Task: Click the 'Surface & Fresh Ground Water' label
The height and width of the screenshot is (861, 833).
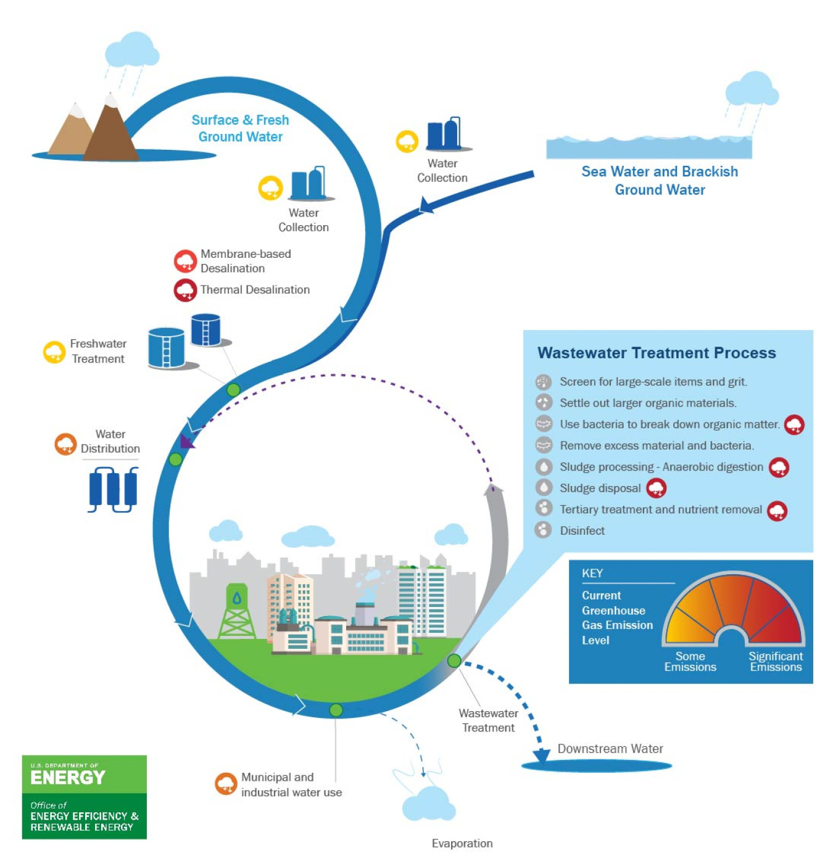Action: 240,128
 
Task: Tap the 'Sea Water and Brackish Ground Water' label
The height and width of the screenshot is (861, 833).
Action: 659,180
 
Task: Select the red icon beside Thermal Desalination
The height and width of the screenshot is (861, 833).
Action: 184,290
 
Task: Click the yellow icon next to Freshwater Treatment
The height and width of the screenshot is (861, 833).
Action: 54,352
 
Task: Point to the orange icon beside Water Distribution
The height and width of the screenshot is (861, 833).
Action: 65,443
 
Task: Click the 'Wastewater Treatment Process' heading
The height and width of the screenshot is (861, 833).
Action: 657,353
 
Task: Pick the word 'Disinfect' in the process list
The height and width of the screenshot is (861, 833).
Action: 582,530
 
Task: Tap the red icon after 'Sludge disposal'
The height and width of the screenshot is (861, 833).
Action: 656,488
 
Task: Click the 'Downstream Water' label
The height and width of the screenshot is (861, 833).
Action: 610,749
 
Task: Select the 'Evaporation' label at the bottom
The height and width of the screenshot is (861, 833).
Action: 462,843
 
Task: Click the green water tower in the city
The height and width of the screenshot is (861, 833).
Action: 236,611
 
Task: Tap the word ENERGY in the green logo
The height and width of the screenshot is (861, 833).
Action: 68,777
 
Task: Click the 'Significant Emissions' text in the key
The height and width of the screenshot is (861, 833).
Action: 776,661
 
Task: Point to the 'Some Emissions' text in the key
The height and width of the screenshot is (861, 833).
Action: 690,661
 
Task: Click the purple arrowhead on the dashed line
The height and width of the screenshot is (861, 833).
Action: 186,441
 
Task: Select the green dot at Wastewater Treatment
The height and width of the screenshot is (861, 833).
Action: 454,661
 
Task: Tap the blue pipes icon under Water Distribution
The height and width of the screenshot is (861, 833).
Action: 113,490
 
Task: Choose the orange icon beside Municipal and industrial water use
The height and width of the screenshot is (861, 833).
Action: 226,784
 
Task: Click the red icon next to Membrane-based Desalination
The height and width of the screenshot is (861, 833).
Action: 184,262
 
